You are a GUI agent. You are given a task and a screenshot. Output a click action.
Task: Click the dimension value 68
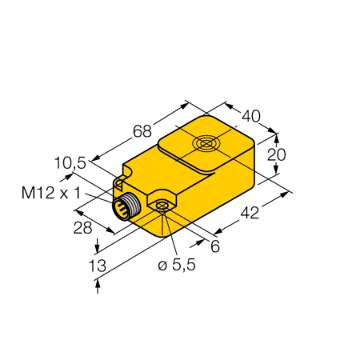pos(142,131)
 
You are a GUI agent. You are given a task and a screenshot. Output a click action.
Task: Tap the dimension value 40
pos(250,116)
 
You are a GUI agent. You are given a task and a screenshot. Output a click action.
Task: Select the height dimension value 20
pos(277,154)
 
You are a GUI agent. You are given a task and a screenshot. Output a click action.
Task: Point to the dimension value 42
pos(250,213)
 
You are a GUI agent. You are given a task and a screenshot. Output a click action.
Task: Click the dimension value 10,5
pos(70,163)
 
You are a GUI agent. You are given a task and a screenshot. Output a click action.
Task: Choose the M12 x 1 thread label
pos(51,193)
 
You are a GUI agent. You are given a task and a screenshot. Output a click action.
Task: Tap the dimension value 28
pos(82,228)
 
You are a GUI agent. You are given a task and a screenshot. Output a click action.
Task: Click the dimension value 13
pos(98,266)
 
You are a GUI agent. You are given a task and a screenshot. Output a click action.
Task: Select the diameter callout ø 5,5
pos(177,265)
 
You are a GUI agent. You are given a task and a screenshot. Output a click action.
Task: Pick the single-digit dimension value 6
pos(215,246)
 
